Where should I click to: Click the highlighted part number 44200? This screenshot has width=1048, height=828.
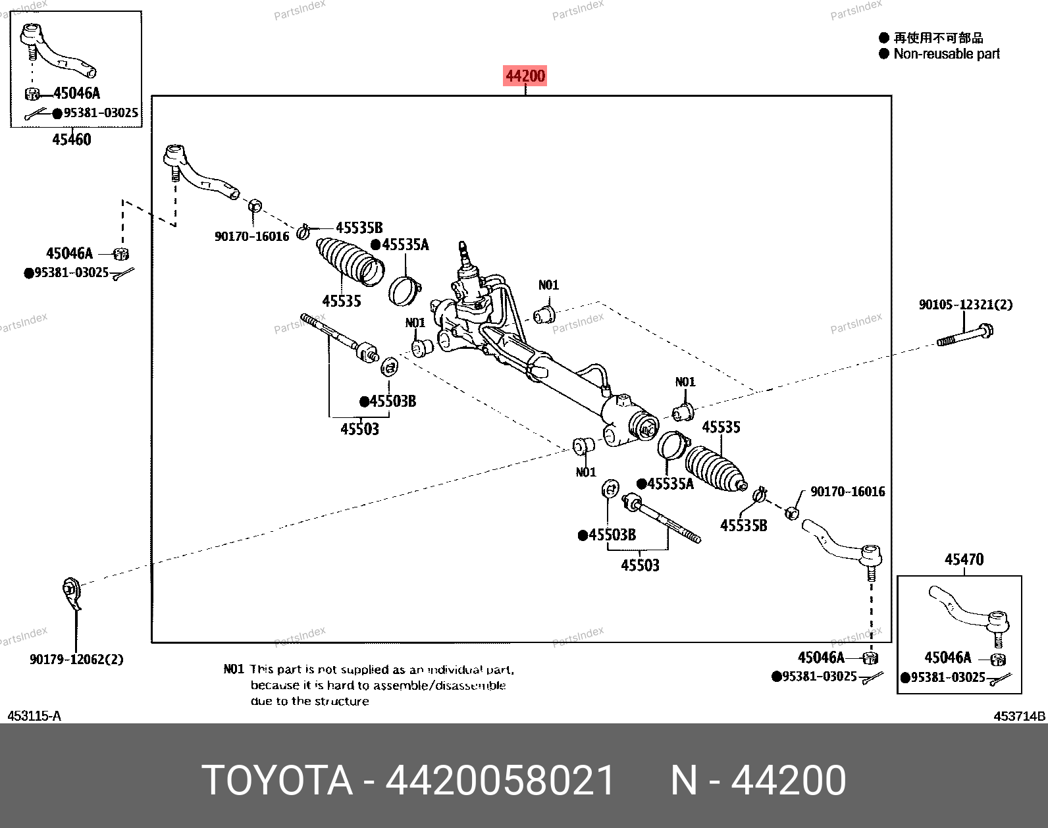pos(525,76)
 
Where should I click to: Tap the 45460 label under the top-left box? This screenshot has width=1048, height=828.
pos(72,140)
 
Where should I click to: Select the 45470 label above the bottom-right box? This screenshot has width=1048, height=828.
pos(964,559)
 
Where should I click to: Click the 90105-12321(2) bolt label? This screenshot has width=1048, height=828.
pos(966,304)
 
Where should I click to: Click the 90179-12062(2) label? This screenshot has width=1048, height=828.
pos(76,660)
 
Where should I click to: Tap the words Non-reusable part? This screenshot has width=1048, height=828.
pos(946,53)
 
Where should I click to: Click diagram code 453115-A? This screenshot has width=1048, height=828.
pos(34,716)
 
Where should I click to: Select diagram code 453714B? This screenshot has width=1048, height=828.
pos(1019,716)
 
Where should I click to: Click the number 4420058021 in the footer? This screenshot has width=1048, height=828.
pos(500,780)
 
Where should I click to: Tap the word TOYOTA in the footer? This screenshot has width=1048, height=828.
pos(277,780)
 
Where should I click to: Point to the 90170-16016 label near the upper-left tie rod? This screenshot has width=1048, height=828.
pos(251,236)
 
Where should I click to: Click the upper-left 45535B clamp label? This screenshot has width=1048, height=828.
pos(359,228)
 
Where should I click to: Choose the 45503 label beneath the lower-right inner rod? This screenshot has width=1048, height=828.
pos(640,565)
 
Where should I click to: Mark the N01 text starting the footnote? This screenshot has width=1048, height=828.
pos(233,669)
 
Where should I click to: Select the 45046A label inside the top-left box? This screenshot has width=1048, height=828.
pos(76,93)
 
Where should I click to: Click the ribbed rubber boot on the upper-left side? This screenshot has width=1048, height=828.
pos(350,261)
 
